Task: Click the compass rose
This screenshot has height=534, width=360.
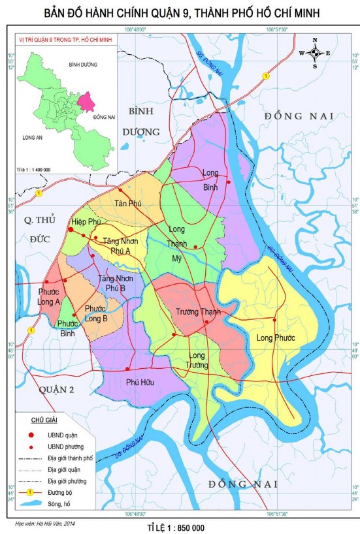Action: (314, 53)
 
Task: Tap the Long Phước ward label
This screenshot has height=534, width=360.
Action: (276, 338)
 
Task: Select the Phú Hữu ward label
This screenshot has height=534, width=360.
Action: (140, 383)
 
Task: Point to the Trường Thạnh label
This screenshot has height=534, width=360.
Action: (198, 312)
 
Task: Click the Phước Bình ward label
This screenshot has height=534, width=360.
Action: (67, 328)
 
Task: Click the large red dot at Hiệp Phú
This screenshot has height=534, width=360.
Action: (71, 229)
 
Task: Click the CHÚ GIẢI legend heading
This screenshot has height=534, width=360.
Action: (42, 420)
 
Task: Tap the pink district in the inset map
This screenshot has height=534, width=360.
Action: (85, 102)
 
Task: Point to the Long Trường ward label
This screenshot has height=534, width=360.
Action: (197, 360)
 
